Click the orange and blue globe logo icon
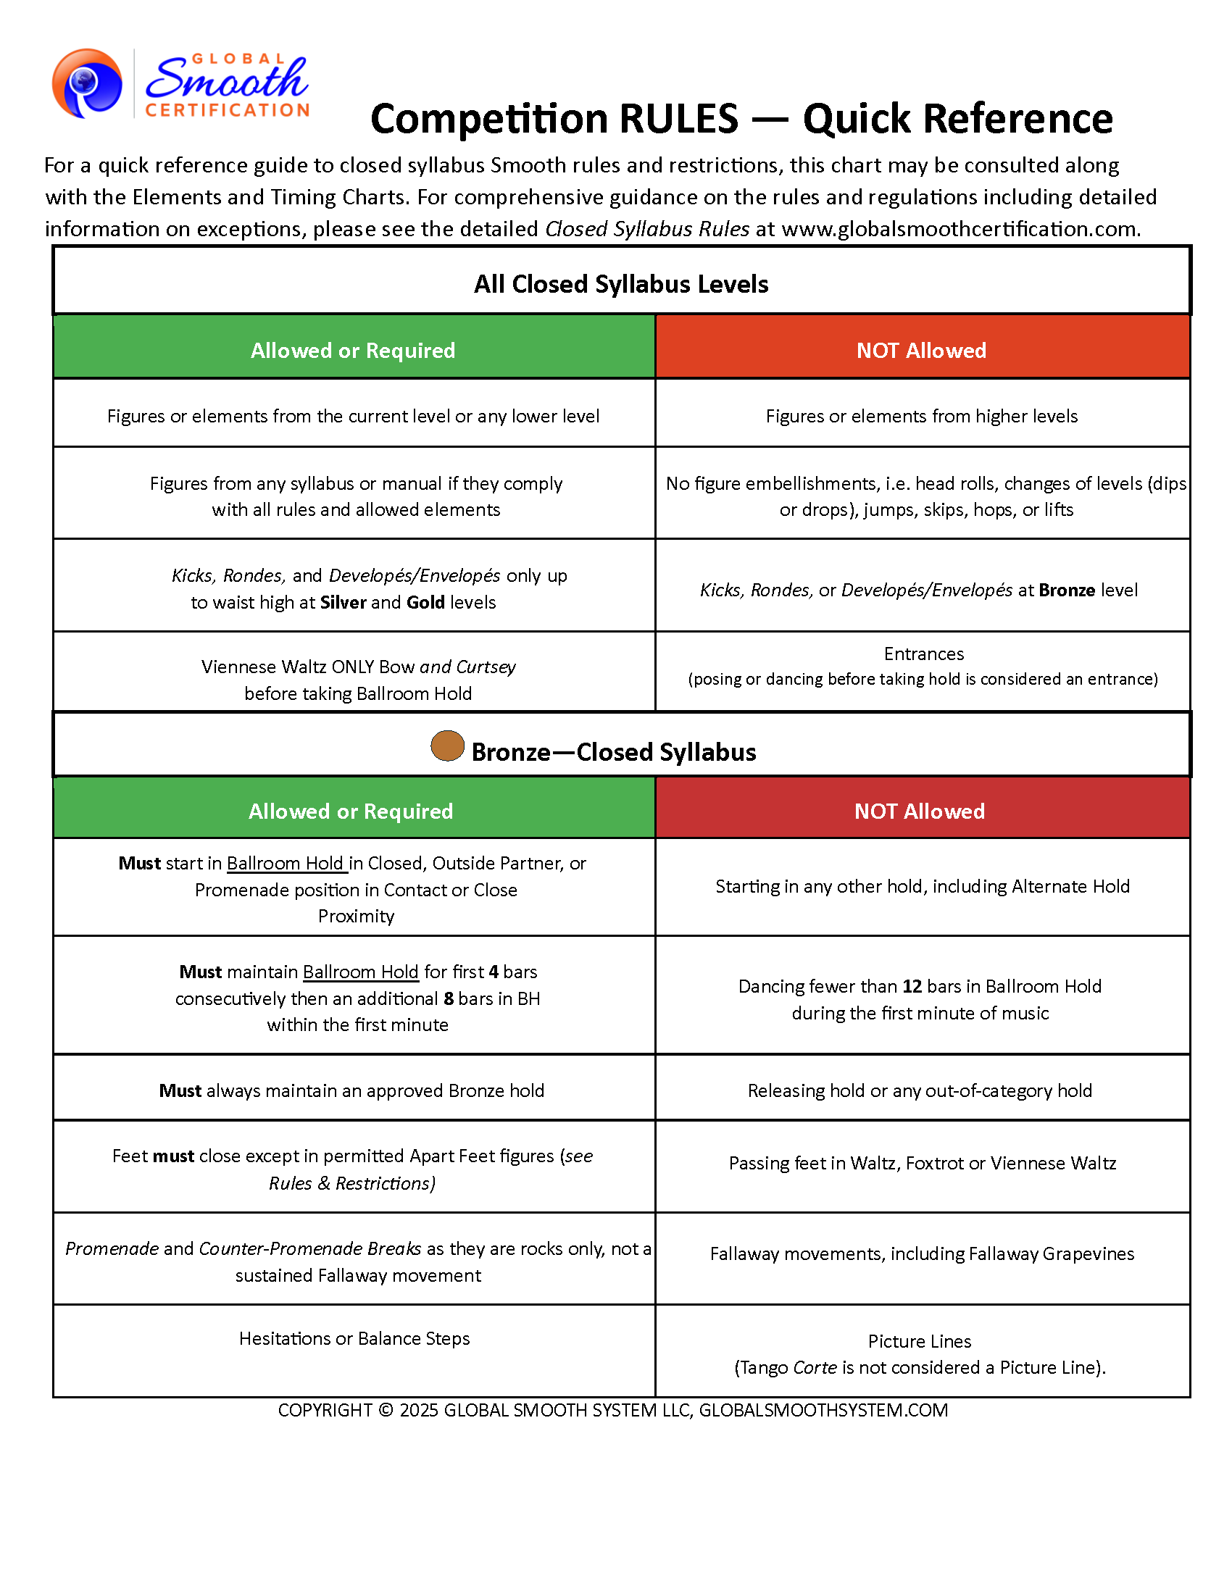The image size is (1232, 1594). pyautogui.click(x=87, y=83)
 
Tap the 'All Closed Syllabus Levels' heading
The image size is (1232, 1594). pyautogui.click(x=620, y=284)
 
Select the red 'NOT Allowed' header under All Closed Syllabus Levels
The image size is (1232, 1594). pyautogui.click(x=921, y=351)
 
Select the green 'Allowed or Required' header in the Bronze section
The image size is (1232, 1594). pyautogui.click(x=350, y=811)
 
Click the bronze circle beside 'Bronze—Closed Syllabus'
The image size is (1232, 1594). pyautogui.click(x=447, y=746)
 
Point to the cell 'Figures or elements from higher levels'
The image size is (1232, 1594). pyautogui.click(x=921, y=416)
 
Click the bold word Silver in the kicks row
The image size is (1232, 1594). pyautogui.click(x=342, y=602)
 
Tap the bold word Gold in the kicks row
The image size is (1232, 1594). pyautogui.click(x=425, y=602)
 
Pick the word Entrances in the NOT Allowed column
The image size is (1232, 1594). pyautogui.click(x=923, y=654)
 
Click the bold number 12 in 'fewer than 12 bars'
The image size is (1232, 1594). pyautogui.click(x=912, y=986)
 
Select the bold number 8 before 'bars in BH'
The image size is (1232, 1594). pyautogui.click(x=449, y=998)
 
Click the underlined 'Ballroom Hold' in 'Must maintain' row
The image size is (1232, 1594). pyautogui.click(x=361, y=972)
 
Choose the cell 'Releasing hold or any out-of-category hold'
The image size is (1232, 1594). pyautogui.click(x=920, y=1090)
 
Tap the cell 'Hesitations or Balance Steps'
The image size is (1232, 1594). pyautogui.click(x=354, y=1338)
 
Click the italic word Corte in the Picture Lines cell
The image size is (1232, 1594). pyautogui.click(x=815, y=1367)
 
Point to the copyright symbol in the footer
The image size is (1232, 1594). pyautogui.click(x=386, y=1410)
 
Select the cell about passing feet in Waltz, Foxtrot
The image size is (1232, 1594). pyautogui.click(x=922, y=1163)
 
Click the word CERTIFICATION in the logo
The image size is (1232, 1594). pyautogui.click(x=228, y=110)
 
